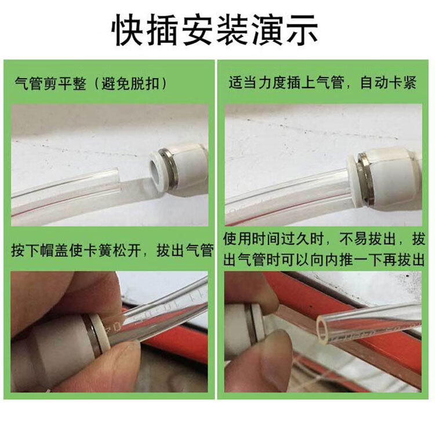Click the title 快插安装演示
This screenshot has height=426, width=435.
(215, 30)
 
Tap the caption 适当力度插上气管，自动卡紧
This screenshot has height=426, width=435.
(322, 83)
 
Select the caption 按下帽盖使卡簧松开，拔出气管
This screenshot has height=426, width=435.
(113, 250)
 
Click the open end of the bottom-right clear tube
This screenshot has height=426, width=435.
(322, 329)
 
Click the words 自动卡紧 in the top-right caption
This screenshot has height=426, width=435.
(389, 83)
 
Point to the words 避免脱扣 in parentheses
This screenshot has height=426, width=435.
(130, 83)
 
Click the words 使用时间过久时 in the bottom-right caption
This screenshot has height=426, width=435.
(274, 239)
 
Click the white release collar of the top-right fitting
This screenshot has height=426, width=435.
(353, 181)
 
